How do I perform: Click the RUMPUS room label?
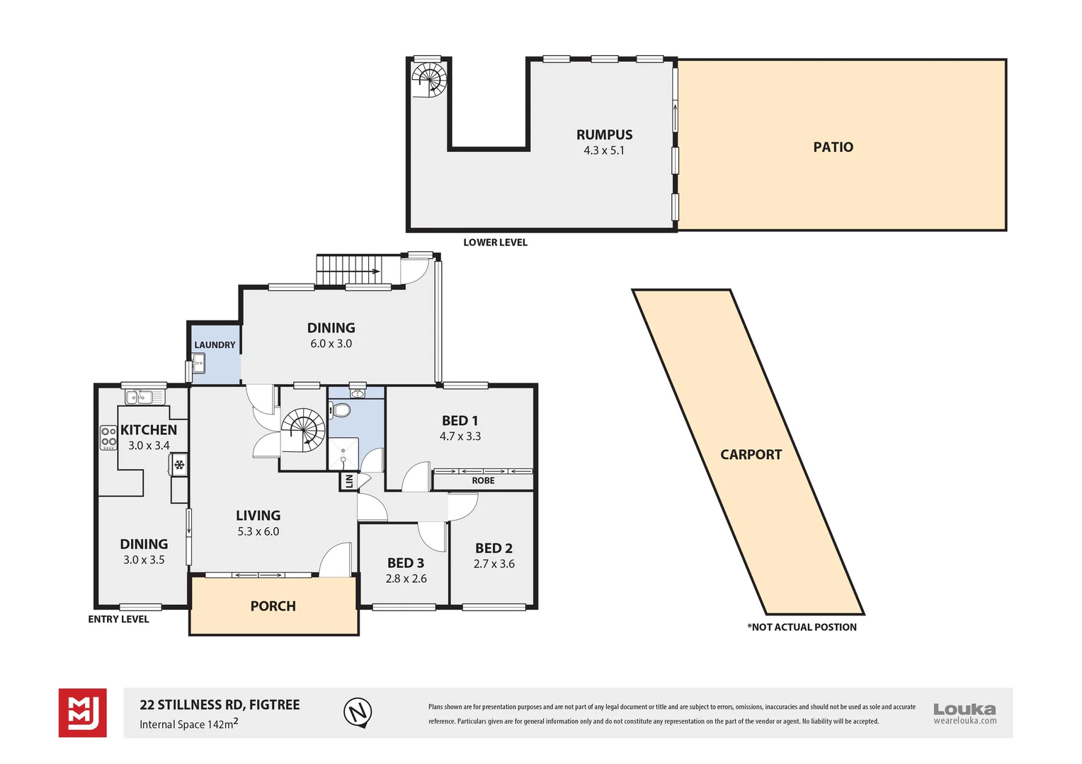604,135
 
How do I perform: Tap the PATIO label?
833,147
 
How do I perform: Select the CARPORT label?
751,455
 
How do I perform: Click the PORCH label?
273,606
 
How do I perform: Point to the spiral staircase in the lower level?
430,79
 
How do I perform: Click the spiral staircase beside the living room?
303,430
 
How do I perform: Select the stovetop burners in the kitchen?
108,437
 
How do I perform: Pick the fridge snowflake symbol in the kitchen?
179,465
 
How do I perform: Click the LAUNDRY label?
215,345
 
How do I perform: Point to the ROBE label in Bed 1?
483,481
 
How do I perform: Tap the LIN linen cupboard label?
348,482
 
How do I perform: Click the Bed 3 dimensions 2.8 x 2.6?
406,579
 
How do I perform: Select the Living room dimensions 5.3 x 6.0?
258,531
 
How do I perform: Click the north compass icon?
358,712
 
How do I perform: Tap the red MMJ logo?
83,712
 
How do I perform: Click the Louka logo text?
964,709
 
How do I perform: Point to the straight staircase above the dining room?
348,270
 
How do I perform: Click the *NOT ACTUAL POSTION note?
802,627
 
